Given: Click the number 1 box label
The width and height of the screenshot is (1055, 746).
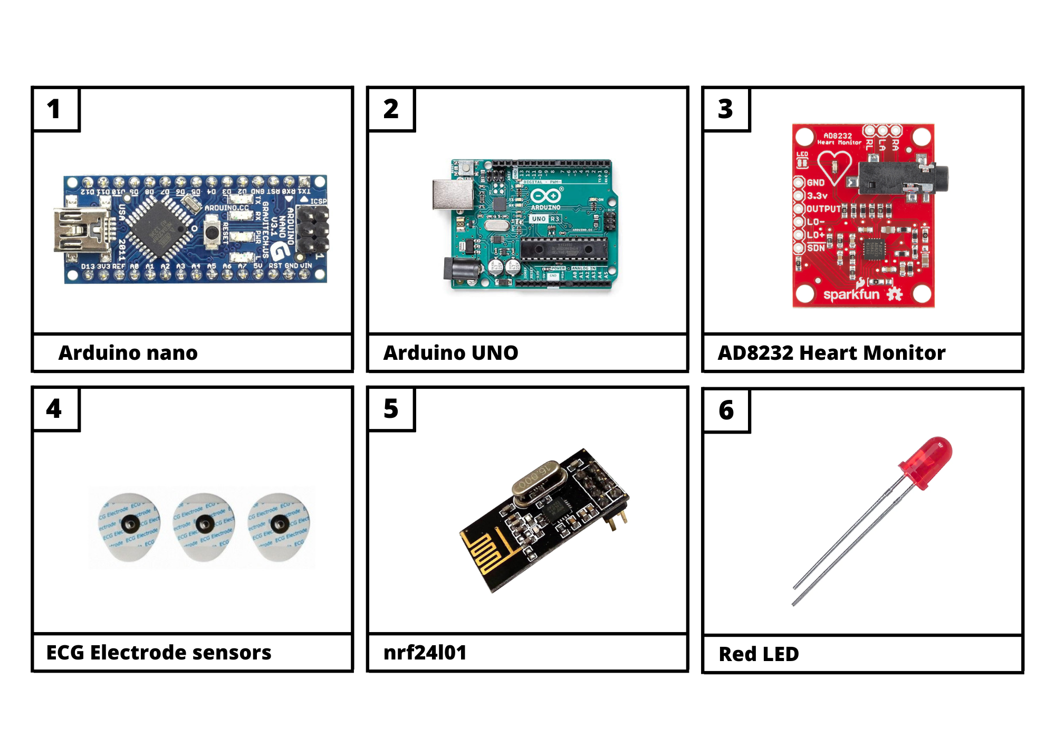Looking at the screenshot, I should pyautogui.click(x=54, y=109).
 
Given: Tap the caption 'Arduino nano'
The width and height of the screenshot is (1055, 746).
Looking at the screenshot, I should pyautogui.click(x=128, y=353).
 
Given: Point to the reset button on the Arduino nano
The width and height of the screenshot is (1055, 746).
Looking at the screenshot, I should pyautogui.click(x=212, y=233).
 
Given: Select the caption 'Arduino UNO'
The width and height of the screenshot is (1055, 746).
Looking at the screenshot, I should pyautogui.click(x=450, y=353).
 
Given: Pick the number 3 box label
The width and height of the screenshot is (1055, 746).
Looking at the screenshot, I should pyautogui.click(x=726, y=109).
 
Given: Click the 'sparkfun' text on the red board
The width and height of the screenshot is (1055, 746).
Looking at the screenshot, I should pyautogui.click(x=851, y=294).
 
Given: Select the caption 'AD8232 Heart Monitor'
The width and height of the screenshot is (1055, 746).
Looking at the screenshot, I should pyautogui.click(x=831, y=353).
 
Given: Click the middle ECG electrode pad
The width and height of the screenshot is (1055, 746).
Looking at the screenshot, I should pyautogui.click(x=204, y=525).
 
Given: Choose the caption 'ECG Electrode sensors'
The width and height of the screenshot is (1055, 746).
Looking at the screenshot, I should pyautogui.click(x=159, y=653).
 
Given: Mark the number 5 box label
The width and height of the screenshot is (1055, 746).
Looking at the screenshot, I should pyautogui.click(x=391, y=409).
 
